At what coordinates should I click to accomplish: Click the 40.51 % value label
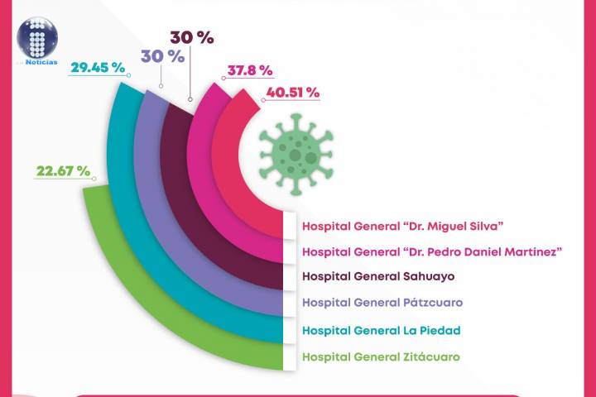pyautogui.click(x=291, y=93)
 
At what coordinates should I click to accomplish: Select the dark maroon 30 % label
pyautogui.click(x=191, y=38)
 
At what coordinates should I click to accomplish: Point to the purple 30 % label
pyautogui.click(x=162, y=56)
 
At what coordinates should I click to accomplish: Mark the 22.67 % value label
pyautogui.click(x=62, y=170)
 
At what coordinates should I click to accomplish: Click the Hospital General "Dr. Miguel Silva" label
pyautogui.click(x=403, y=225)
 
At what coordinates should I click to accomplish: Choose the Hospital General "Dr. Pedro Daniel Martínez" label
pyautogui.click(x=428, y=251)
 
